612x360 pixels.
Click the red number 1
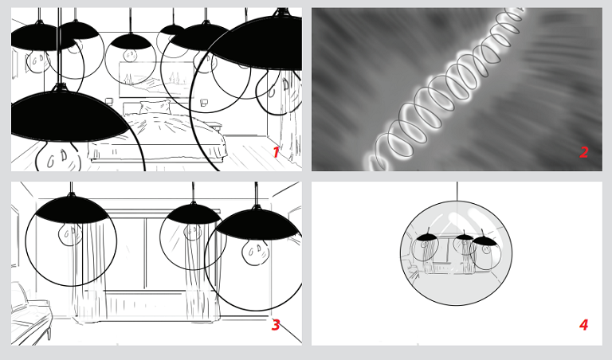click(x=276, y=152)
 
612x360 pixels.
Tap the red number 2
click(x=583, y=152)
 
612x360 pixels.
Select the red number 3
click(x=276, y=324)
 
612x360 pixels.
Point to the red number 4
click(x=583, y=324)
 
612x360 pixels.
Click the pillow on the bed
click(x=155, y=107)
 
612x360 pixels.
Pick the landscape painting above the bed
click(x=156, y=80)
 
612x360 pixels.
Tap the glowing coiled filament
click(x=445, y=90)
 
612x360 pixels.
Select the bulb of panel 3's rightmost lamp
click(x=255, y=252)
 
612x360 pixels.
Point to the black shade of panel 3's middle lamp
click(x=194, y=213)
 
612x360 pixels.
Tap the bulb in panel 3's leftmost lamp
click(x=70, y=234)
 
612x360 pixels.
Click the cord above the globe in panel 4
click(x=457, y=191)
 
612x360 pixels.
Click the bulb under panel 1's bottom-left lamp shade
click(x=58, y=157)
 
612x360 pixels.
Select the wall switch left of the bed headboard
click(x=108, y=102)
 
